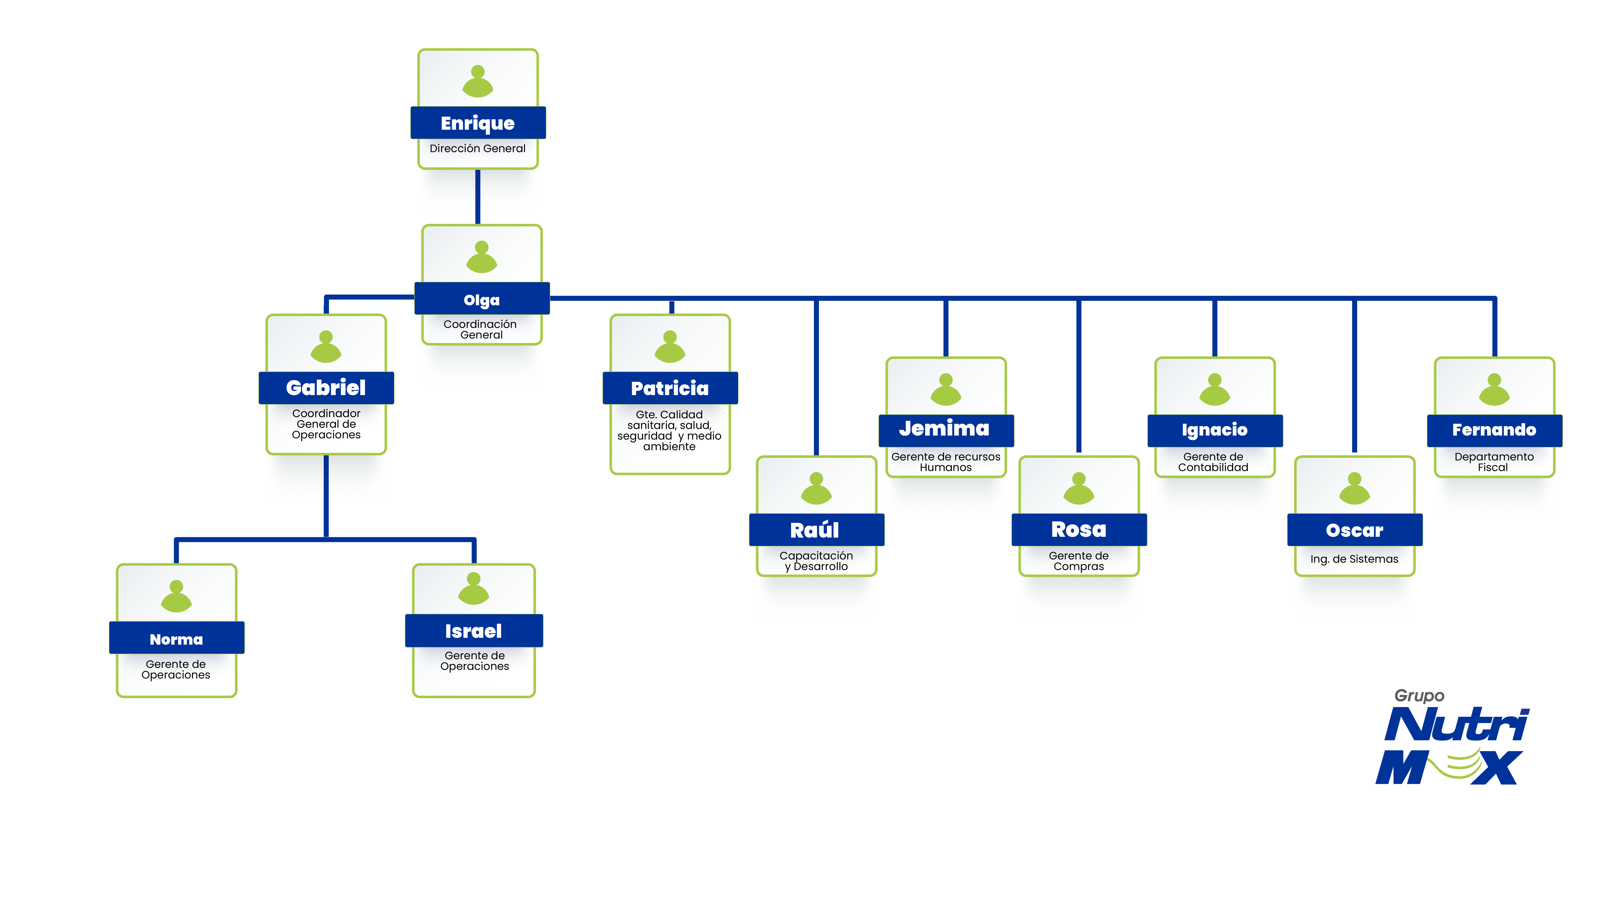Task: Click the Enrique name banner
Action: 478,123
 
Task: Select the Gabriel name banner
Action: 326,388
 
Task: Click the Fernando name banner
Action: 1494,430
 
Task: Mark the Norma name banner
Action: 177,639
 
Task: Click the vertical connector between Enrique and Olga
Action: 478,196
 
